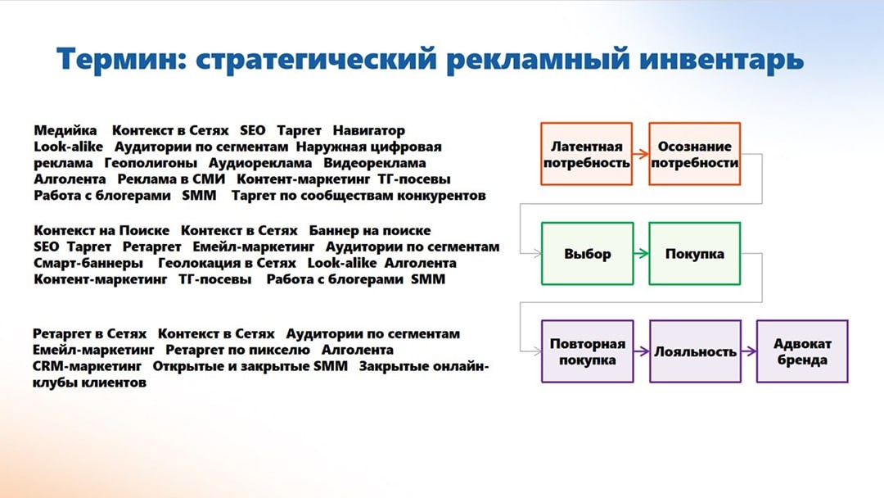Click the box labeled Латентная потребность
pos(586,154)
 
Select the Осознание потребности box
pos(695,154)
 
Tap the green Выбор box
pos(588,254)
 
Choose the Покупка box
pos(695,254)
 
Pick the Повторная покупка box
pos(588,351)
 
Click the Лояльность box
pos(695,351)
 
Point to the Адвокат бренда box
pos(802,351)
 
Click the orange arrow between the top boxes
pos(640,153)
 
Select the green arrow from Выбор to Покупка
pos(641,254)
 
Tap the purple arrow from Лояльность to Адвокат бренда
pos(749,351)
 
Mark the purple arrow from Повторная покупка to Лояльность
pos(642,351)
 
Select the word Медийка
pos(65,131)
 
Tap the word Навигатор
pos(368,131)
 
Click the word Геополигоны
pos(151,163)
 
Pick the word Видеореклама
pos(375,163)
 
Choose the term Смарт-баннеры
pos(88,264)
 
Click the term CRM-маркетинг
pos(88,367)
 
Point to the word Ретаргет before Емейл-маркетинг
pos(152,247)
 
